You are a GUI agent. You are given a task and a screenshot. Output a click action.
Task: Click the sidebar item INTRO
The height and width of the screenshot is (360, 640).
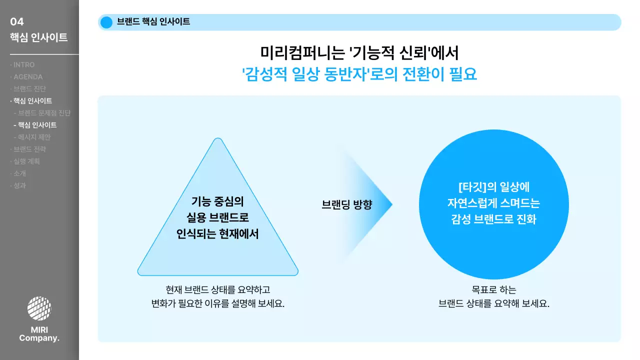(x=24, y=65)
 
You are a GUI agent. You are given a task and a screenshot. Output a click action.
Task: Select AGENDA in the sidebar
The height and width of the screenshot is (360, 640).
(x=28, y=77)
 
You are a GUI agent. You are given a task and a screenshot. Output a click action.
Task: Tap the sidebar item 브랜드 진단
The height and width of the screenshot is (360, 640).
(x=29, y=89)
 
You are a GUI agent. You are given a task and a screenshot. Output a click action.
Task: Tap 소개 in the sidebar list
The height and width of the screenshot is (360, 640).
(x=19, y=173)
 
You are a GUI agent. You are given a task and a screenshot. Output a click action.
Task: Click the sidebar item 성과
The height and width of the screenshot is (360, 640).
(x=19, y=185)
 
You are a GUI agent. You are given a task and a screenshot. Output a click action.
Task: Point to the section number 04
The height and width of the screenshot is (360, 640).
(x=17, y=21)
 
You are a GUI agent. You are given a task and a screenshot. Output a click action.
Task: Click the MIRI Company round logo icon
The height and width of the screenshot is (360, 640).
(x=39, y=308)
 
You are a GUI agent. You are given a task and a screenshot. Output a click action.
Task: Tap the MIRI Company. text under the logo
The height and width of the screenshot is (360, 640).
(x=39, y=334)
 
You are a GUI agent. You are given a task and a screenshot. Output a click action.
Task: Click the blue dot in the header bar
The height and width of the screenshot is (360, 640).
(x=106, y=22)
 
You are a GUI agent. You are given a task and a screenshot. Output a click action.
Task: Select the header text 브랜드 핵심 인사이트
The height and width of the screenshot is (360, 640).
(x=153, y=22)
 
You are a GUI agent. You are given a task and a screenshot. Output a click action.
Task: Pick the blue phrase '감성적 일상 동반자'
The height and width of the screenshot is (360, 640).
(x=306, y=74)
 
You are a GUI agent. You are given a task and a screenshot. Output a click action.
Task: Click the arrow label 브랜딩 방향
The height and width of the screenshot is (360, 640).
(x=347, y=204)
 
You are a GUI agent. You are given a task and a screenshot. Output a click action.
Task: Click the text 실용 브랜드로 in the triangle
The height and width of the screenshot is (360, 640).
(x=217, y=218)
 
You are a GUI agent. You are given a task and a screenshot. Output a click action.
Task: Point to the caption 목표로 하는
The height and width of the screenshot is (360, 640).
(x=493, y=290)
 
